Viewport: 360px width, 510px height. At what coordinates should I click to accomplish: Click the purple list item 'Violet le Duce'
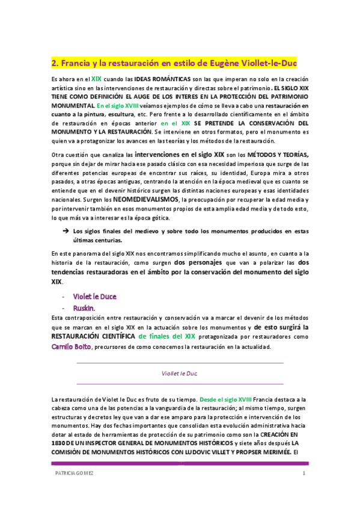tap(94, 296)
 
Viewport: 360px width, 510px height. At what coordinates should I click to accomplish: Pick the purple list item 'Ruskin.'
tap(85, 307)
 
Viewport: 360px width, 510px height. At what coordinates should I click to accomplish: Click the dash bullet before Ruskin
tap(64, 307)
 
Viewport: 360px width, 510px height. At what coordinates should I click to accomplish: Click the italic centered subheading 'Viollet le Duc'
tap(180, 373)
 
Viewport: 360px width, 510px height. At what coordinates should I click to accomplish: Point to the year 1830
tap(59, 443)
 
